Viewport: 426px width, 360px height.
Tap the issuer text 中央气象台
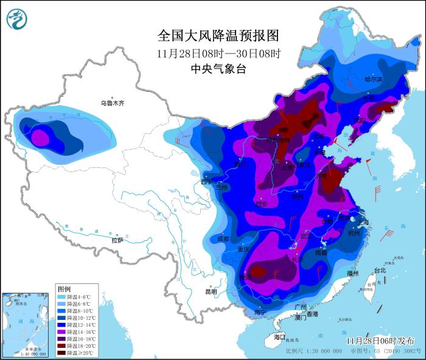click(218, 69)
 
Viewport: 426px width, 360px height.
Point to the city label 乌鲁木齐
click(112, 103)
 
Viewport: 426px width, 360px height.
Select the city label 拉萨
click(117, 241)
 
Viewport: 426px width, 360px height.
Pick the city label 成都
click(223, 239)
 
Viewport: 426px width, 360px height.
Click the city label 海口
click(279, 336)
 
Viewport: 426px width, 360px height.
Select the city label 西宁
click(207, 181)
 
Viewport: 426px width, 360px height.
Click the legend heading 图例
click(64, 288)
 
